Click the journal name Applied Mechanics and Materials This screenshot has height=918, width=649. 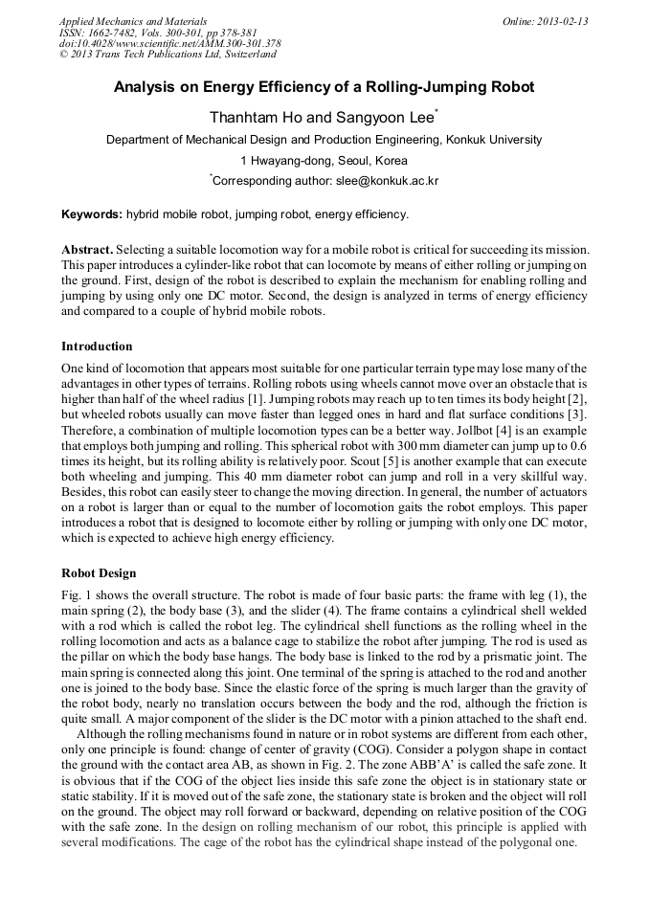coord(133,20)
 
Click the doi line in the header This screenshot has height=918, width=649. coord(170,43)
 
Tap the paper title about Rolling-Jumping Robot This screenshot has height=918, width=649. coord(324,87)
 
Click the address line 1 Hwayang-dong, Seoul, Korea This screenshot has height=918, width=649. coord(324,160)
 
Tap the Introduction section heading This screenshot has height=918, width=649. coord(97,346)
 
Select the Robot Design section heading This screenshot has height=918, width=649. coord(99,573)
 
